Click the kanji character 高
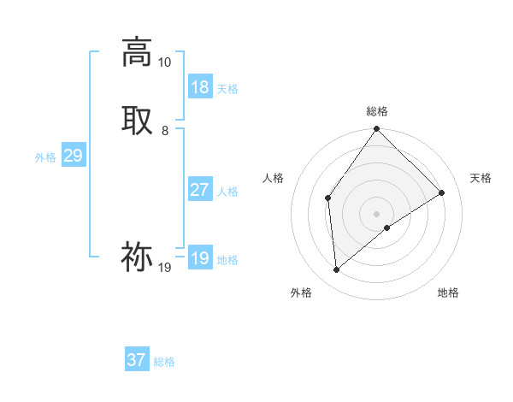click(x=137, y=51)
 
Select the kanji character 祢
click(x=137, y=257)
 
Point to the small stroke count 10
click(x=164, y=62)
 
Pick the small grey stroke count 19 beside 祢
click(x=164, y=268)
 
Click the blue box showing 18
click(x=200, y=87)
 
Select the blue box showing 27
click(x=200, y=190)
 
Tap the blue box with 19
click(x=200, y=258)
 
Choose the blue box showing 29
click(x=73, y=156)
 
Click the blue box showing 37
click(x=137, y=360)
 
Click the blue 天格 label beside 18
click(x=227, y=89)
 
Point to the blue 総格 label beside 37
click(x=164, y=362)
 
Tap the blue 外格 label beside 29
click(x=45, y=157)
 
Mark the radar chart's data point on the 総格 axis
click(x=376, y=129)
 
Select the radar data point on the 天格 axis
click(x=442, y=192)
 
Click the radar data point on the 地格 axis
click(x=387, y=228)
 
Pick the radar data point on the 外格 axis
click(x=336, y=270)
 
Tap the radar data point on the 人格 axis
click(x=327, y=198)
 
